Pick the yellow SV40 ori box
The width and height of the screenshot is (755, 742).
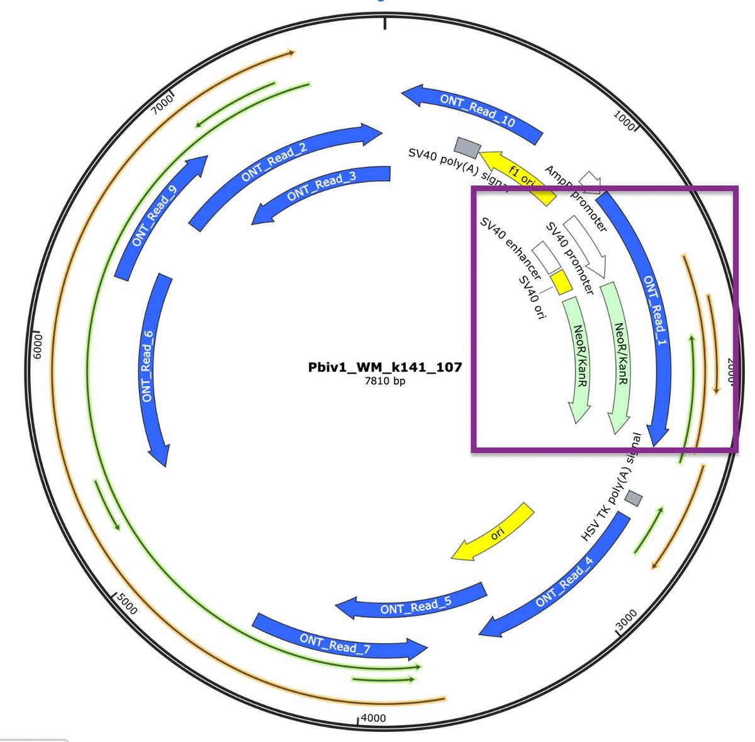[x=561, y=281]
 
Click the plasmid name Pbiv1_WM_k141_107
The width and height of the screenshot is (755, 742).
[x=385, y=367]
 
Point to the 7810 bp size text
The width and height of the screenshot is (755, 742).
[x=385, y=381]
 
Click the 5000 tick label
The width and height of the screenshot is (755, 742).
[x=126, y=606]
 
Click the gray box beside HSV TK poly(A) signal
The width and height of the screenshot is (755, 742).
[x=634, y=499]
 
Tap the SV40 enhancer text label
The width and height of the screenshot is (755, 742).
[x=510, y=249]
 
